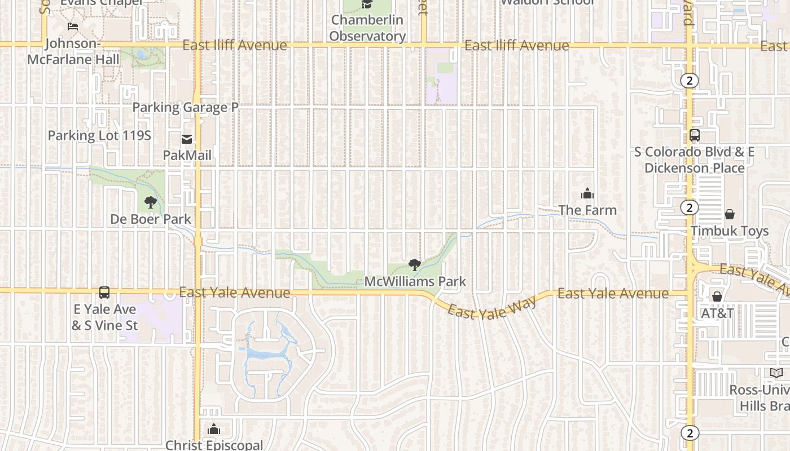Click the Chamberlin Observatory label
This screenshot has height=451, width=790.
point(367,28)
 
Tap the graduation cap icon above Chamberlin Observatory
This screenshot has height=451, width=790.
point(367,5)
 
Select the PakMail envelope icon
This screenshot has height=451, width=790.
point(187,139)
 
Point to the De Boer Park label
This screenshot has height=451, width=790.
point(151,219)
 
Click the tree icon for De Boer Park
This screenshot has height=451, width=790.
point(150,202)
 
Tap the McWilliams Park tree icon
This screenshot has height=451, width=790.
point(415,265)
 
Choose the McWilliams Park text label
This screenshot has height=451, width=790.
point(415,281)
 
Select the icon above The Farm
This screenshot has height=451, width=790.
point(587,194)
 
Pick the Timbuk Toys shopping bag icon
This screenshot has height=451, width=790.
point(730,214)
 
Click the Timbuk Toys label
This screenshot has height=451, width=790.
point(730,231)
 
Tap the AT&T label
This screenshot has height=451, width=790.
point(717,313)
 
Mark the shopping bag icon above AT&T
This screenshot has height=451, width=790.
point(717,297)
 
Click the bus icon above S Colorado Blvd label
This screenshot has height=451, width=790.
point(695,136)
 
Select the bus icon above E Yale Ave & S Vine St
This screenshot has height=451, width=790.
point(104,293)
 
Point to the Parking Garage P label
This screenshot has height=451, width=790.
point(185,107)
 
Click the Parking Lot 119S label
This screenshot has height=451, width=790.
point(99,135)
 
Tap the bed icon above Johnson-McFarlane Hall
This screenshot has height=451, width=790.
point(73,26)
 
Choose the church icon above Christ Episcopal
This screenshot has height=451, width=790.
point(214,430)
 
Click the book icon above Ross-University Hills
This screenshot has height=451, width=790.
point(776,373)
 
